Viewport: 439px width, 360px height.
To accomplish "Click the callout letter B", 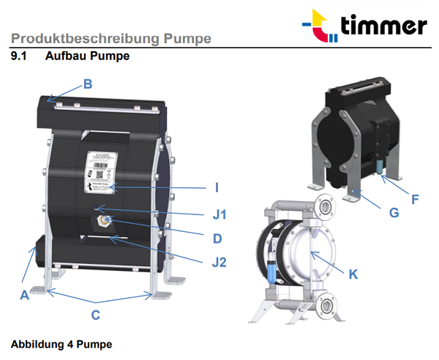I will pos(88,84).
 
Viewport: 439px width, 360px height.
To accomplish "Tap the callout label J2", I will pos(217,260).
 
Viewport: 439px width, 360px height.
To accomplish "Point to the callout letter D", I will pos(217,238).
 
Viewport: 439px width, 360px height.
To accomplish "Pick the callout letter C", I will pos(95,316).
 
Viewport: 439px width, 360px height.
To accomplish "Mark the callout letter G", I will pos(394,213).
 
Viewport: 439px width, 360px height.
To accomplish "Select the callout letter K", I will pos(353,274).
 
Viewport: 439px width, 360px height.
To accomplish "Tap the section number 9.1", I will pos(20,56).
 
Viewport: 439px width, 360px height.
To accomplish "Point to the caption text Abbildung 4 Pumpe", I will pos(61,343).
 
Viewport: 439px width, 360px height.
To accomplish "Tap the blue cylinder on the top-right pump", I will pos(380,166).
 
